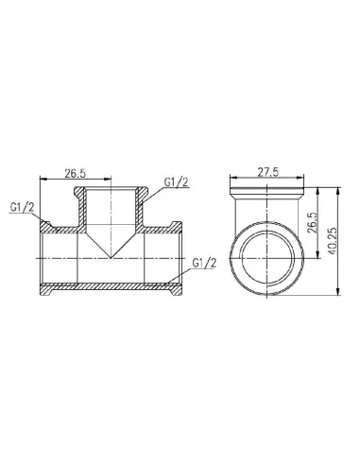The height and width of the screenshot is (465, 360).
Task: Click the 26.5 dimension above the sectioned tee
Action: tap(75, 173)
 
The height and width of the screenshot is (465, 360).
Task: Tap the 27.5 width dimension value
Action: tap(268, 172)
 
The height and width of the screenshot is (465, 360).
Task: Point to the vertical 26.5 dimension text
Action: tap(311, 222)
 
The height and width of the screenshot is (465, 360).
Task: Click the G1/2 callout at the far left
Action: tap(22, 207)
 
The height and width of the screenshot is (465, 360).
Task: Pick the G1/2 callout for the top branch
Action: tap(177, 182)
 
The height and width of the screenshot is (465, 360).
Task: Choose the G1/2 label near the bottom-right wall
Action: tap(204, 263)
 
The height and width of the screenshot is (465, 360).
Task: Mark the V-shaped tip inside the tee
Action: tap(111, 258)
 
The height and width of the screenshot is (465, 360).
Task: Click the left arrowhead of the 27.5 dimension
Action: tap(233, 178)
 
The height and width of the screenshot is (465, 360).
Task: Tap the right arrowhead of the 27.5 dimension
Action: tap(300, 178)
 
